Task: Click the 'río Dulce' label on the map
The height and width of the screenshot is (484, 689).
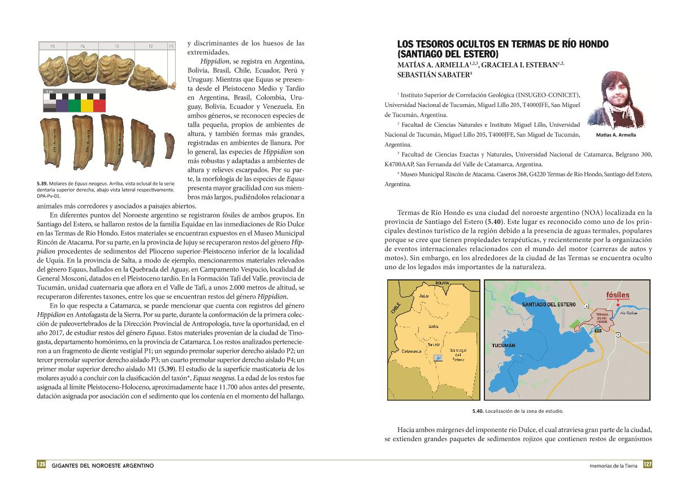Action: (629, 313)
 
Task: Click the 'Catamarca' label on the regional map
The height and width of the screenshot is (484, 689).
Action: (411, 351)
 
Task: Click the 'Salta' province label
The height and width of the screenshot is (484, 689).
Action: (434, 326)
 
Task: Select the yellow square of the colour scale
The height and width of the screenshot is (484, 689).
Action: (86, 106)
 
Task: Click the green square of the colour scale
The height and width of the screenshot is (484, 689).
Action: (74, 106)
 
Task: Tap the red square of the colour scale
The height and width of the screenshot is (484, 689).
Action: (99, 106)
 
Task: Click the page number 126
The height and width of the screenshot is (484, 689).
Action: (41, 465)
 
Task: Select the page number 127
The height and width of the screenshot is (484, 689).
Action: (647, 465)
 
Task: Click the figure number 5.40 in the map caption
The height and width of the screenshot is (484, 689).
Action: (478, 411)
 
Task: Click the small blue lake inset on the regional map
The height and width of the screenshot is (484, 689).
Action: (437, 357)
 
